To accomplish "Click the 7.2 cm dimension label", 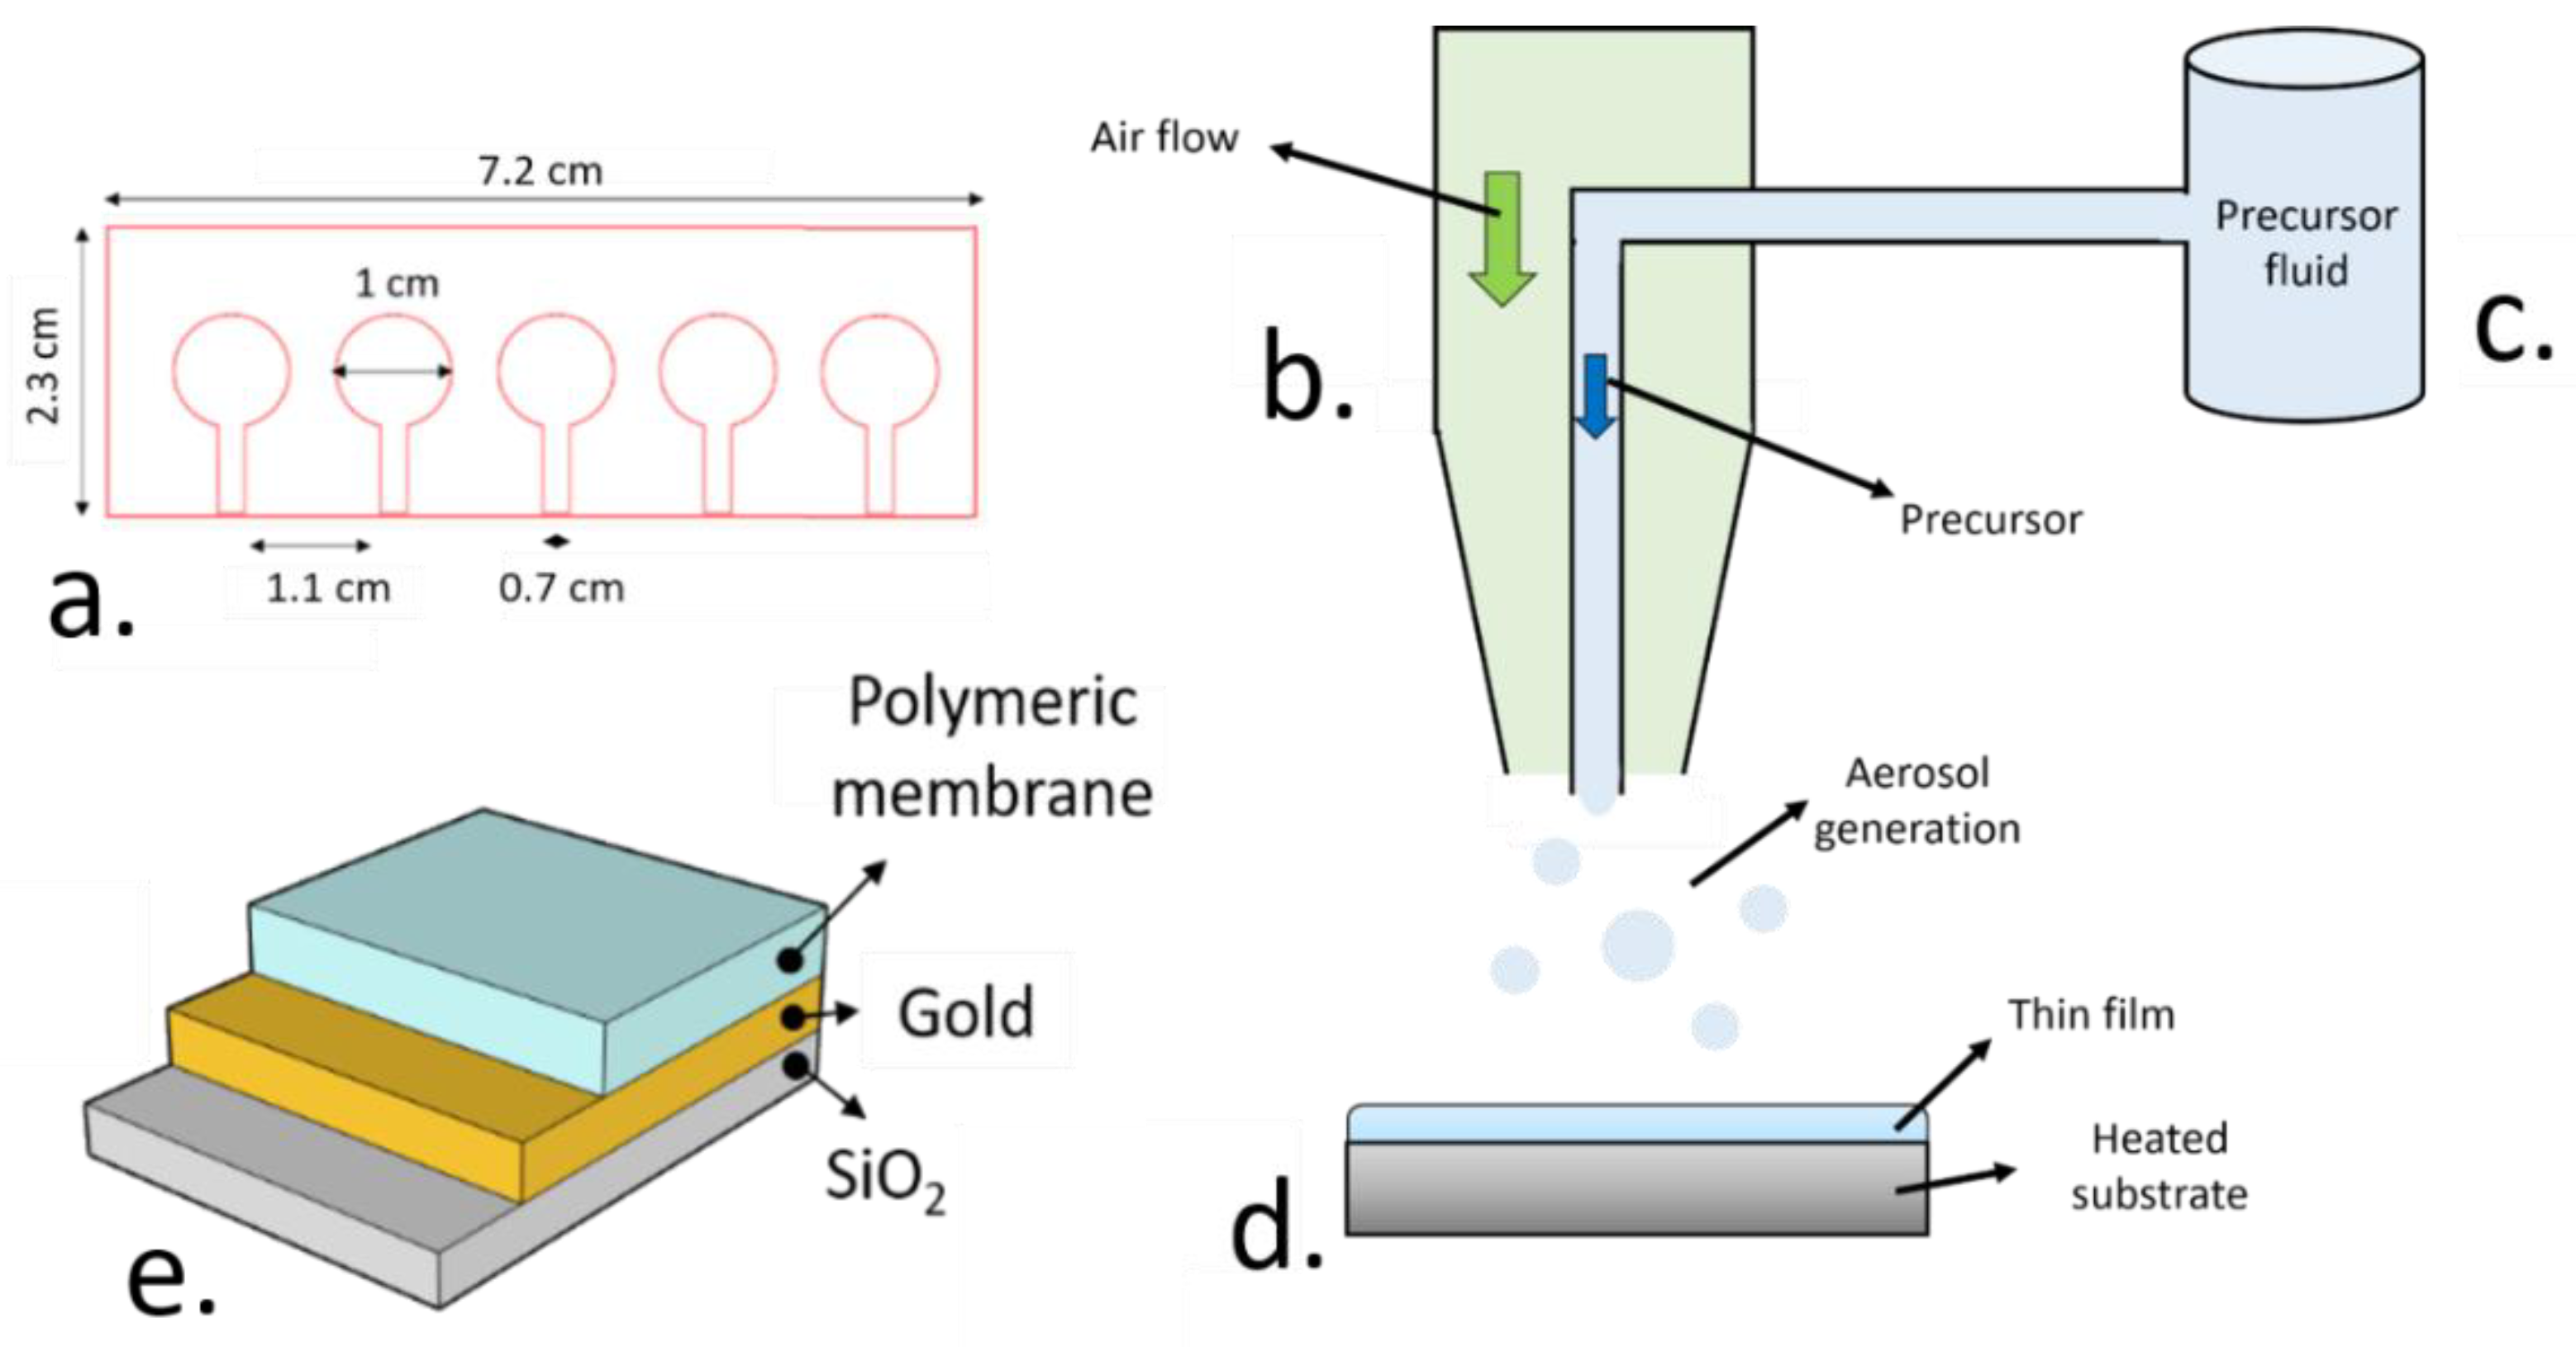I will coord(540,171).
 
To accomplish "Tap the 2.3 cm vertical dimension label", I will coord(43,366).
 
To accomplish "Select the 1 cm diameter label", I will coord(397,284).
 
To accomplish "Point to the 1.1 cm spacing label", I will coord(328,588).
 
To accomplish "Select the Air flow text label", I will coord(1164,138).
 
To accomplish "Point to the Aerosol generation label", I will coord(1916,801).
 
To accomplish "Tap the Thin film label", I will coord(2091,1015).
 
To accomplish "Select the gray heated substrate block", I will coord(1636,1189).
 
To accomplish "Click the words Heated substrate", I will coord(2159,1167).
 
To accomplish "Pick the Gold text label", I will coord(965,1013).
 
